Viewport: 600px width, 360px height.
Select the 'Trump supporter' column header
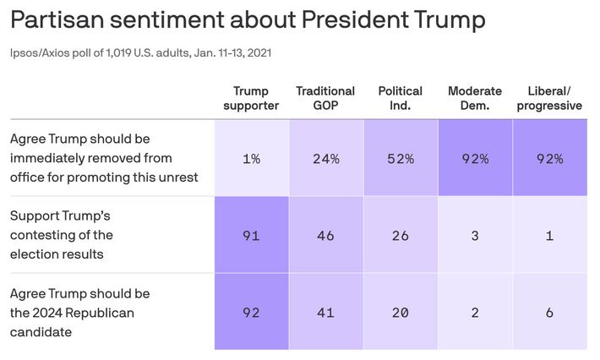(x=251, y=98)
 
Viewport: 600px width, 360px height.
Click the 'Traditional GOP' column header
(x=325, y=98)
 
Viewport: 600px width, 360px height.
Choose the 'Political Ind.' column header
(x=401, y=98)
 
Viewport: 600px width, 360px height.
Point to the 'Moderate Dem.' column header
(x=474, y=98)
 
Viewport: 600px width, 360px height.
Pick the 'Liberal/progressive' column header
(x=549, y=98)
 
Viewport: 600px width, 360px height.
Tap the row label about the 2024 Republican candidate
(x=79, y=312)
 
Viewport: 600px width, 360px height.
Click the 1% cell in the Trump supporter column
(x=251, y=158)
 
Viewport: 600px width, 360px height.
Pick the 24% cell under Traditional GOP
(x=325, y=158)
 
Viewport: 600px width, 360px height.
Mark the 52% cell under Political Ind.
(x=401, y=158)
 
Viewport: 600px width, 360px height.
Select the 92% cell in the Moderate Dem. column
(x=474, y=158)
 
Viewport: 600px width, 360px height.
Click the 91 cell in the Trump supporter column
(x=251, y=236)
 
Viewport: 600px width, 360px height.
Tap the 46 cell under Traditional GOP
(x=325, y=236)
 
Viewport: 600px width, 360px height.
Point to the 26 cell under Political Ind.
(x=401, y=236)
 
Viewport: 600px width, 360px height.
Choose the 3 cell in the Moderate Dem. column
(x=474, y=236)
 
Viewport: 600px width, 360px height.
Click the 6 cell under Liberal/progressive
(x=549, y=312)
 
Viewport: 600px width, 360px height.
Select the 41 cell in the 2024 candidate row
(x=325, y=312)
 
